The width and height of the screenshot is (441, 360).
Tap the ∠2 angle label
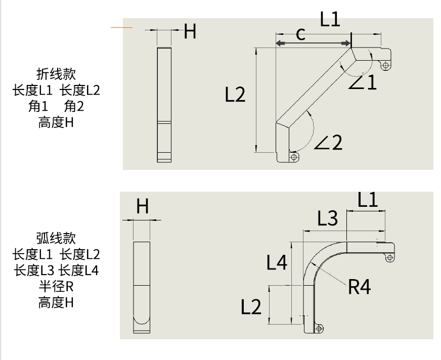pyautogui.click(x=328, y=142)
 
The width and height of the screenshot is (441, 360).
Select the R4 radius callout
pyautogui.click(x=360, y=287)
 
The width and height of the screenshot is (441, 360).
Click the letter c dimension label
pyautogui.click(x=300, y=34)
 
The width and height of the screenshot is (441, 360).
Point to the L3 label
pyautogui.click(x=327, y=218)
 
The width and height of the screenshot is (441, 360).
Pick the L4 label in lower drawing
pyautogui.click(x=277, y=262)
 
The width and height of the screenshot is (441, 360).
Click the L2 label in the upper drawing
pyautogui.click(x=235, y=95)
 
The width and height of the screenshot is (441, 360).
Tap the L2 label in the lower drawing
pyautogui.click(x=251, y=306)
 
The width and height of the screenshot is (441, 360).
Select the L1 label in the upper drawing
pyautogui.click(x=330, y=20)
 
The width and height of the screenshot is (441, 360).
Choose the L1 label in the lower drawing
pyautogui.click(x=368, y=200)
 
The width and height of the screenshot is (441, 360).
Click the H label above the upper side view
pyautogui.click(x=190, y=31)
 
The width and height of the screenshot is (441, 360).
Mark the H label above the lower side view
pyautogui.click(x=143, y=206)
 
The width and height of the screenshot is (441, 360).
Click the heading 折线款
pyautogui.click(x=56, y=74)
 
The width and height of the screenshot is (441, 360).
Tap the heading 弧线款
pyautogui.click(x=56, y=238)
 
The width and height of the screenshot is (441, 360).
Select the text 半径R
pyautogui.click(x=56, y=287)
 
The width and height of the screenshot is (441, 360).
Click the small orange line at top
pyautogui.click(x=121, y=27)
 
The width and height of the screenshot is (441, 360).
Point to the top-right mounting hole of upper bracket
pyautogui.click(x=385, y=65)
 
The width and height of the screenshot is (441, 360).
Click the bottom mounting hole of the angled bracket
pyautogui.click(x=294, y=157)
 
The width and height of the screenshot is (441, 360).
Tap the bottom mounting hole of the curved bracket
pyautogui.click(x=319, y=329)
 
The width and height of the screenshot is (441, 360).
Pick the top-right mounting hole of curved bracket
pyautogui.click(x=389, y=258)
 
